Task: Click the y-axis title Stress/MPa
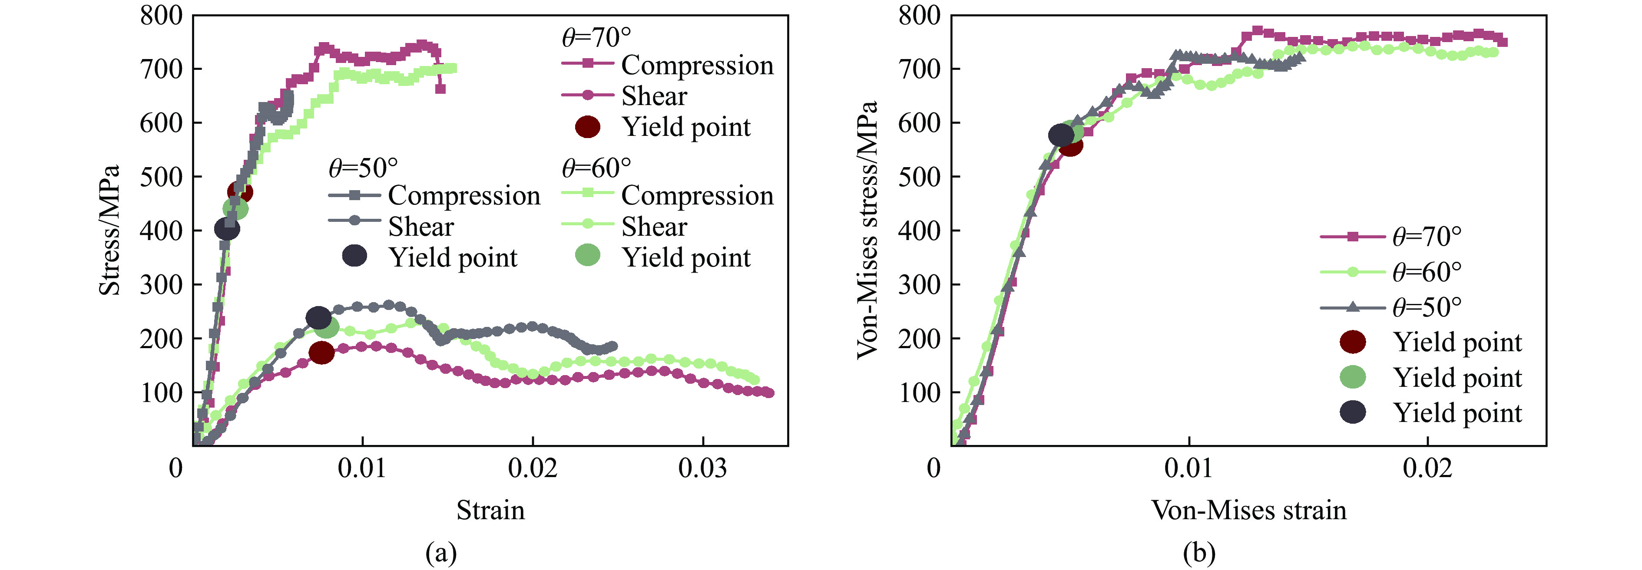[x=109, y=231]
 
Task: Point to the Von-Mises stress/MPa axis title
[x=867, y=231]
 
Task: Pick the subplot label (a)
[x=441, y=553]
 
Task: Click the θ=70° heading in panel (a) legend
[x=596, y=38]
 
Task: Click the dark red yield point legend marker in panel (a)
[x=587, y=127]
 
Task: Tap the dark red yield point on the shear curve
[x=321, y=352]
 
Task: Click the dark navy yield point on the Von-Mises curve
[x=1061, y=135]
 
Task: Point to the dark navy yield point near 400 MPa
[x=227, y=229]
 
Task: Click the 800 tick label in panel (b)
[x=919, y=15]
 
